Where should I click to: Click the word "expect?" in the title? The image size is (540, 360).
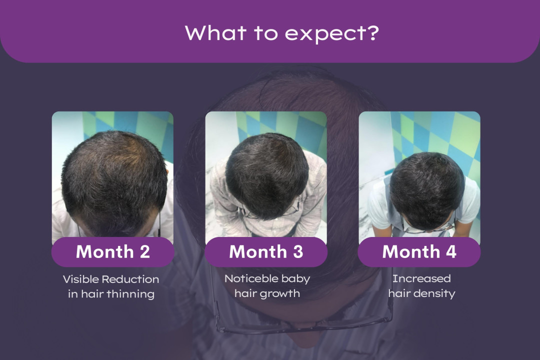pyautogui.click(x=331, y=33)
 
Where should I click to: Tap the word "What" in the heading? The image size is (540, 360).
pyautogui.click(x=215, y=32)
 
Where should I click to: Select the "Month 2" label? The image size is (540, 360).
pyautogui.click(x=112, y=251)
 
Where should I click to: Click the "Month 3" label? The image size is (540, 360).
pyautogui.click(x=266, y=251)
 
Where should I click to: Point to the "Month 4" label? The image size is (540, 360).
pyautogui.click(x=419, y=251)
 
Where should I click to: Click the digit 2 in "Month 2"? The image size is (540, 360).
pyautogui.click(x=145, y=252)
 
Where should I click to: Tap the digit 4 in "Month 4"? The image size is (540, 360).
pyautogui.click(x=451, y=252)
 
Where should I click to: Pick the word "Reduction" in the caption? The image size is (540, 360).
pyautogui.click(x=130, y=279)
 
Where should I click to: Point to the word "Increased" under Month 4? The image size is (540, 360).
pyautogui.click(x=421, y=278)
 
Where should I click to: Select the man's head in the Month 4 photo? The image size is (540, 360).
pyautogui.click(x=427, y=190)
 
